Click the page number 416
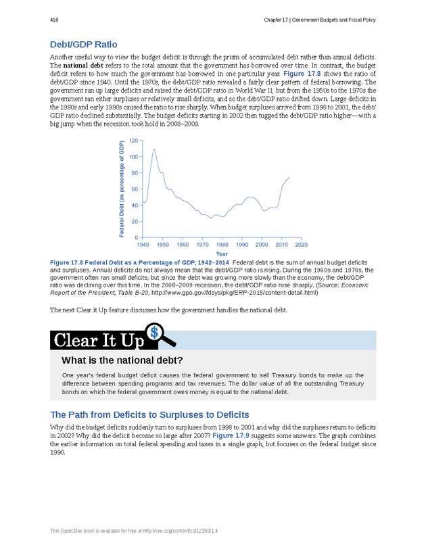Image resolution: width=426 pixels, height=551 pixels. coord(54,20)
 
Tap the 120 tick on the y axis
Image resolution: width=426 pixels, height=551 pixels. coord(133,141)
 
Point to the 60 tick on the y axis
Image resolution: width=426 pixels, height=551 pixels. coord(135,189)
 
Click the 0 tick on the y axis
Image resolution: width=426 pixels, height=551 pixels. coord(137,238)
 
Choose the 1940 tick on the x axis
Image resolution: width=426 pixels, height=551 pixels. coord(143,245)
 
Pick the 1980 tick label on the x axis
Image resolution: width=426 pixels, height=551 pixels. coord(222,245)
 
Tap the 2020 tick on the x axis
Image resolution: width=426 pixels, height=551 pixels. coord(302,245)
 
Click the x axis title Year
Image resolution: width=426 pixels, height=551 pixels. coord(222,254)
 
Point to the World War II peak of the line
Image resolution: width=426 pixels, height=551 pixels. coord(154,149)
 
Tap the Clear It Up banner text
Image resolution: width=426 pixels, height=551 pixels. coord(98,340)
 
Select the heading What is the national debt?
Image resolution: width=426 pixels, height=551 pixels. coord(122,360)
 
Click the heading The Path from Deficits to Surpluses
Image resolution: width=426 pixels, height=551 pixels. coord(150,414)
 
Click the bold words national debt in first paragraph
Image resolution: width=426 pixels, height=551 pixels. coord(82,65)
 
